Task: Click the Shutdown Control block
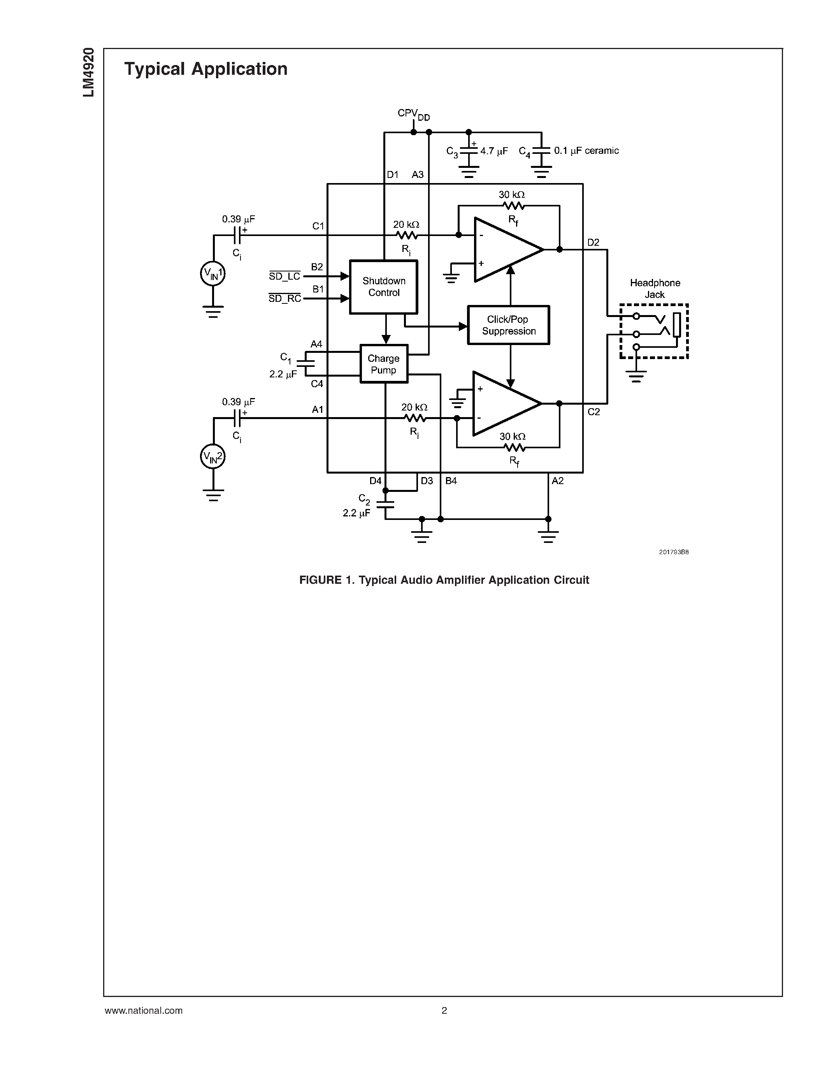[384, 287]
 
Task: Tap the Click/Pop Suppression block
[509, 325]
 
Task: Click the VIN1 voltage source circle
[212, 274]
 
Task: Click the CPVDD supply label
[413, 114]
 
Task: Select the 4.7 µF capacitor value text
[494, 151]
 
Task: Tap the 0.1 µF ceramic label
[586, 151]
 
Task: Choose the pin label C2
[593, 412]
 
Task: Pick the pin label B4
[451, 481]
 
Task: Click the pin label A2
[558, 481]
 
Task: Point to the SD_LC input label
[284, 276]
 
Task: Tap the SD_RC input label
[284, 298]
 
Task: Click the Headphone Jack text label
[655, 288]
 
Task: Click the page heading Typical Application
[206, 69]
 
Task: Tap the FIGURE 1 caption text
[444, 580]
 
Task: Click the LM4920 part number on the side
[89, 72]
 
